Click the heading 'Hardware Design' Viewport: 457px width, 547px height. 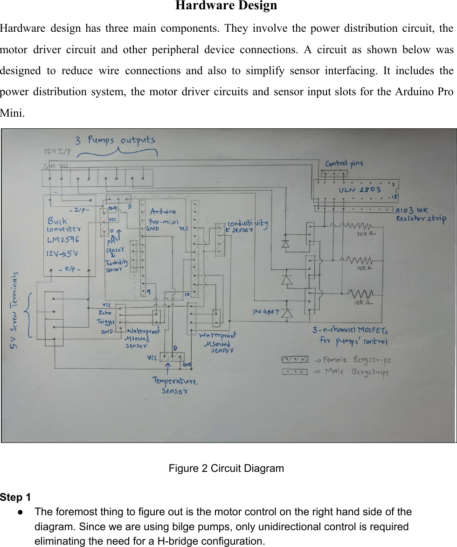pyautogui.click(x=226, y=6)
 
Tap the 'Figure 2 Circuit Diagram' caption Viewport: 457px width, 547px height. pyautogui.click(x=226, y=468)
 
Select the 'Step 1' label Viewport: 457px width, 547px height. pyautogui.click(x=15, y=498)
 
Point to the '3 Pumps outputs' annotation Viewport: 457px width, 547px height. pyautogui.click(x=116, y=140)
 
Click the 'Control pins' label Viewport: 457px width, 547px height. pyautogui.click(x=344, y=163)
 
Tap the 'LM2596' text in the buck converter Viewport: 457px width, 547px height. pyautogui.click(x=62, y=239)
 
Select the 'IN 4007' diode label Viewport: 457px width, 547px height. pyautogui.click(x=266, y=312)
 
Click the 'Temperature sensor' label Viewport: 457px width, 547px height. pyautogui.click(x=175, y=386)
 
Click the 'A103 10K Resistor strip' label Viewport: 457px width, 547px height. pyautogui.click(x=420, y=214)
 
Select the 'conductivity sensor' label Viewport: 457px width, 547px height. pyautogui.click(x=247, y=226)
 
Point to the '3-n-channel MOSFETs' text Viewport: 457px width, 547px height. pyautogui.click(x=350, y=330)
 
